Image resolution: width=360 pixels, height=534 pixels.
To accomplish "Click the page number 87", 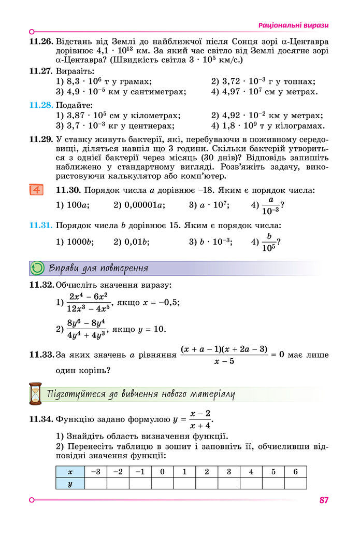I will tap(324, 500).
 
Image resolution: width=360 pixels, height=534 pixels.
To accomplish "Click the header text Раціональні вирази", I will tap(293, 25).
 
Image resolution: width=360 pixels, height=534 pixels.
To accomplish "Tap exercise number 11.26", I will tap(41, 41).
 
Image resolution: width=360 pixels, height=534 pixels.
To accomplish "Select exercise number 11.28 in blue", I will tap(41, 105).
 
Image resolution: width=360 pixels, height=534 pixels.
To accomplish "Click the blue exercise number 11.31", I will tap(41, 226).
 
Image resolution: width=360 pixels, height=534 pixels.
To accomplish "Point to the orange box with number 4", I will tap(36, 190).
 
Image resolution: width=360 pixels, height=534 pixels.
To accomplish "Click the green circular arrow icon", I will tap(37, 268).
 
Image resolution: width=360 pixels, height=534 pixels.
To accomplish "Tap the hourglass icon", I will tap(35, 394).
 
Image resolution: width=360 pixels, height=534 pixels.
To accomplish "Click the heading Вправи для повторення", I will tap(98, 268).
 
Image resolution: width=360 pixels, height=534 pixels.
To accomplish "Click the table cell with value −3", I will tap(95, 472).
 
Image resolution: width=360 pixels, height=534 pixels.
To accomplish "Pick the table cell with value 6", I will tap(295, 472).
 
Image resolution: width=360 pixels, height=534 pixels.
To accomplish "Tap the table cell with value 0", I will tap(162, 472).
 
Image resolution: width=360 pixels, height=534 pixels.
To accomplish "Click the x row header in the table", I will tap(70, 472).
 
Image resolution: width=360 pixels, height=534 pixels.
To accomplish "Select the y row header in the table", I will tap(70, 483).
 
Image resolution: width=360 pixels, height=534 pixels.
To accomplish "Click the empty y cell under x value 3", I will tap(228, 483).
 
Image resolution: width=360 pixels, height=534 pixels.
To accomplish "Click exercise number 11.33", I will tap(41, 355).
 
